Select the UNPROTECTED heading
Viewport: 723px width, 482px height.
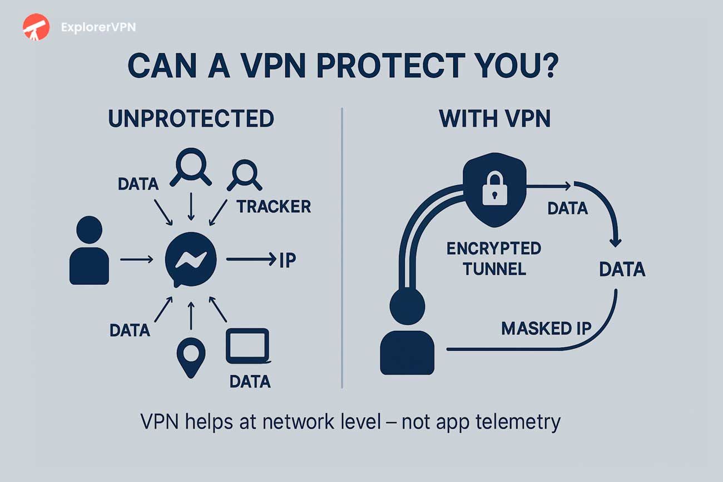[191, 119]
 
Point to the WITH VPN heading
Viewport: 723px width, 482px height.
[494, 119]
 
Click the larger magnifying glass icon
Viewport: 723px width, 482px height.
[191, 168]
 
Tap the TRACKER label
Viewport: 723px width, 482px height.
[274, 207]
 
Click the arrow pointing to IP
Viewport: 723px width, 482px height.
[250, 260]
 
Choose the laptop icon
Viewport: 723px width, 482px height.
[247, 346]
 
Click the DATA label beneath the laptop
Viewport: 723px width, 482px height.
[250, 381]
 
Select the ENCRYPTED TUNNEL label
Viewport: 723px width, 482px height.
[494, 259]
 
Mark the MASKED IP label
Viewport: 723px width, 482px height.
[546, 329]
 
